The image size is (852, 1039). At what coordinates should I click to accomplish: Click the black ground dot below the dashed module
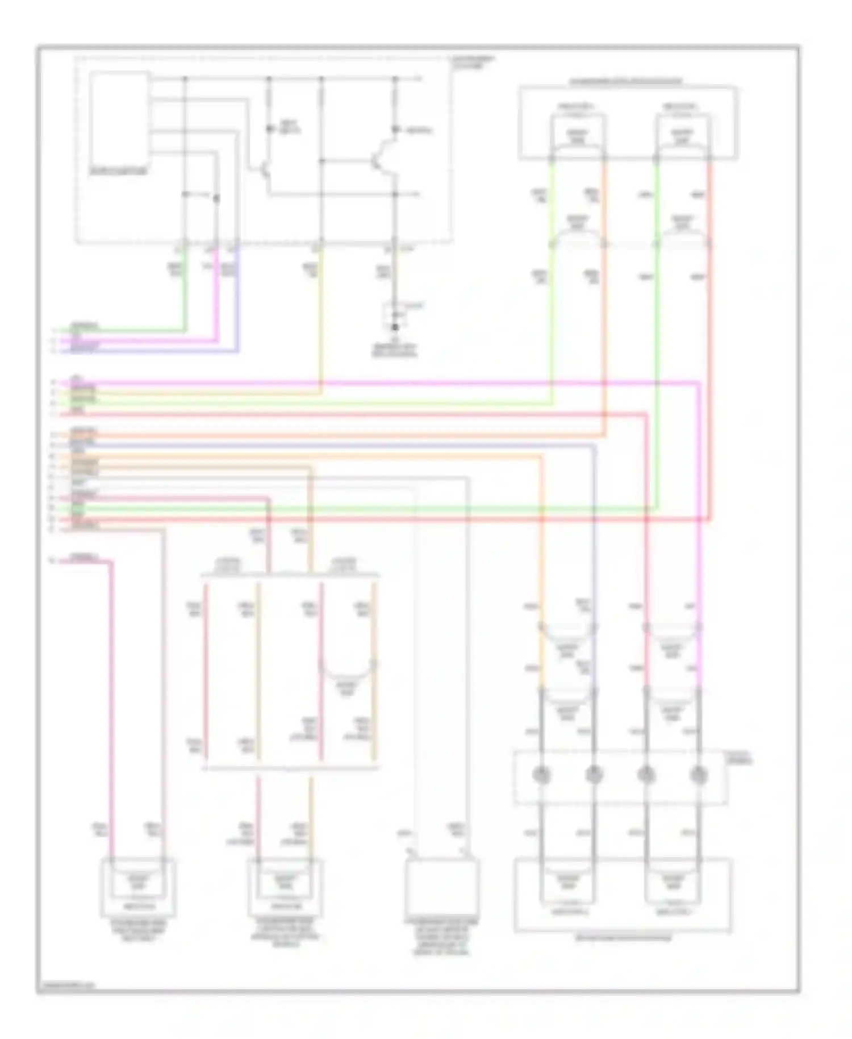395,327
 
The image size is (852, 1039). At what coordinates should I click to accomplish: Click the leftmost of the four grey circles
542,774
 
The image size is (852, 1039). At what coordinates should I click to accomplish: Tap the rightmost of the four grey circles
699,774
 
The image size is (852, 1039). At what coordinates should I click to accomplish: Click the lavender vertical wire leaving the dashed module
237,301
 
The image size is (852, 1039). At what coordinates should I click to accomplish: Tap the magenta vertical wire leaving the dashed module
217,301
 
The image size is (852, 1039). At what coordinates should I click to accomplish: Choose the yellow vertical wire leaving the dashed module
321,318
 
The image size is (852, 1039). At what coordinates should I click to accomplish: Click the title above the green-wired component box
625,81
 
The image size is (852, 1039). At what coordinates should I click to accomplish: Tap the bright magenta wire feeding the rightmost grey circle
699,568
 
